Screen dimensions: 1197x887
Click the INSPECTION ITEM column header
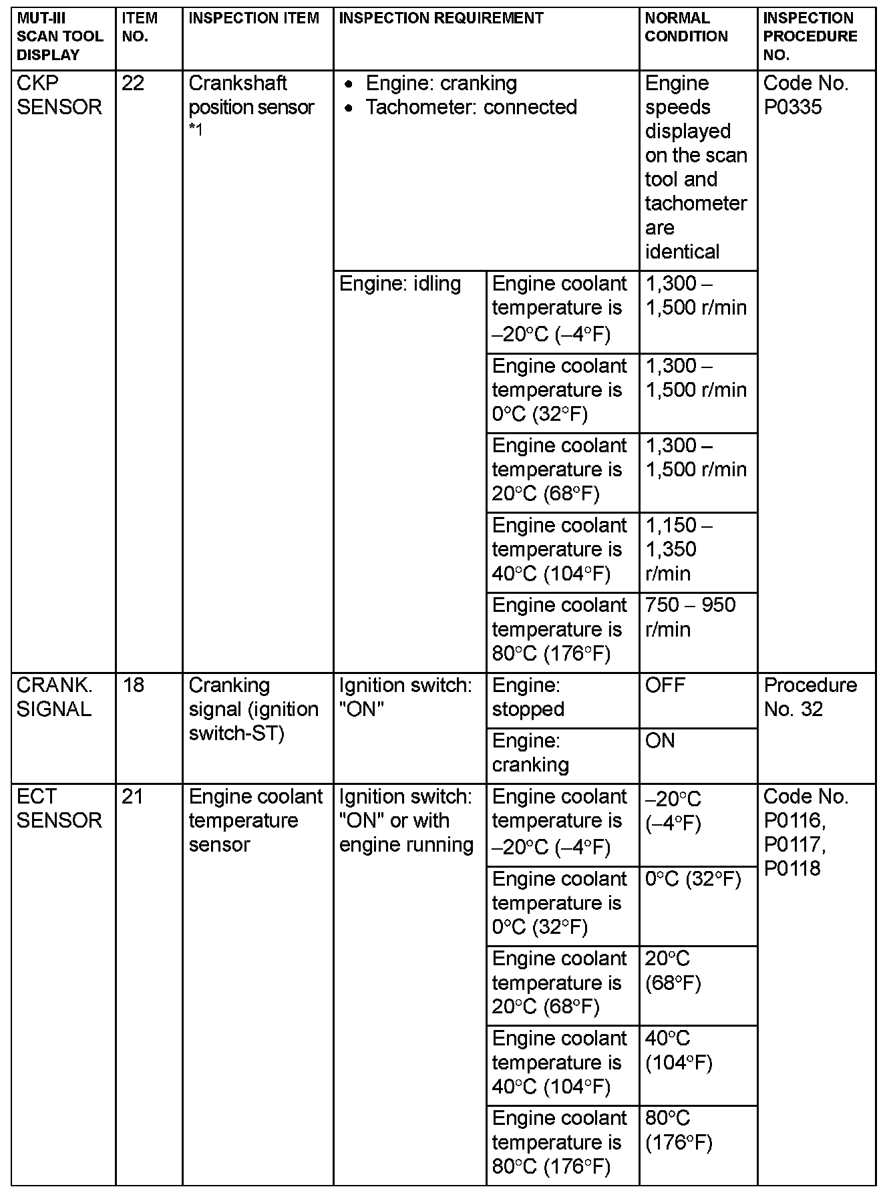(x=254, y=19)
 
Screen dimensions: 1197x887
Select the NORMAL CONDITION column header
(x=686, y=27)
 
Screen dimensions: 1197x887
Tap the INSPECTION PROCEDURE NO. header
(x=810, y=37)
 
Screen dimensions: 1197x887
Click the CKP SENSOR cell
(x=59, y=95)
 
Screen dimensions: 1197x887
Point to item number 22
(x=134, y=83)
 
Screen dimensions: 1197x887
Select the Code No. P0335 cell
(x=806, y=95)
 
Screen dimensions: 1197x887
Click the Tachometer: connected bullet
(x=471, y=107)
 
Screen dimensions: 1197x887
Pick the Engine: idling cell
(x=400, y=284)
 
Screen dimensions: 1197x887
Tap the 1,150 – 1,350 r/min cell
(x=679, y=549)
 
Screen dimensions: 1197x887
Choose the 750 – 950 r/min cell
(x=690, y=617)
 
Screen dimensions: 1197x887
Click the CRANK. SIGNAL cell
(x=54, y=697)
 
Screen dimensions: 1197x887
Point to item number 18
(x=134, y=685)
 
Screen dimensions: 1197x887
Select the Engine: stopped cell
(x=528, y=697)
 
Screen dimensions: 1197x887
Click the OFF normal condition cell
(x=665, y=685)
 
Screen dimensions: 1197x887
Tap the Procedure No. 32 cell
(x=810, y=697)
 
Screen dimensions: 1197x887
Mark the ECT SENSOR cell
(x=59, y=808)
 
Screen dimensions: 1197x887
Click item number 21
(x=133, y=797)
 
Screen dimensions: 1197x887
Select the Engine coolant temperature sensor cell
(x=255, y=820)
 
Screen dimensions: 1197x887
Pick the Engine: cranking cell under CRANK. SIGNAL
(x=530, y=753)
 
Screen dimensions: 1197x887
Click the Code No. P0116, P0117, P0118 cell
(x=806, y=832)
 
